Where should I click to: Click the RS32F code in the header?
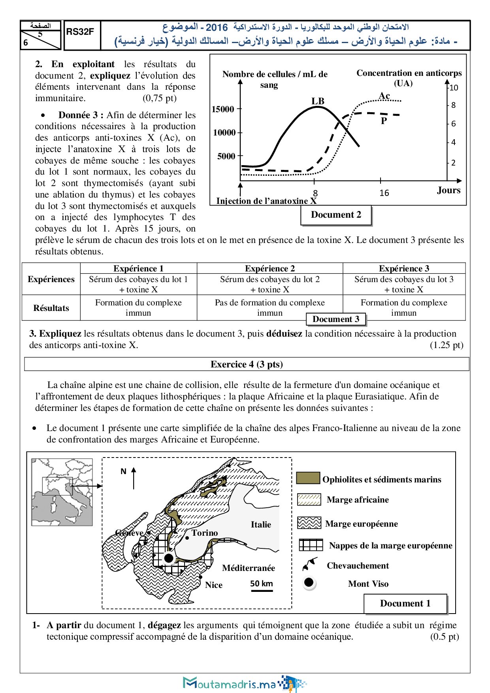80,32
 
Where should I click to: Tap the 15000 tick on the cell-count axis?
223,109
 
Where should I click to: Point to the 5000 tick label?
226,156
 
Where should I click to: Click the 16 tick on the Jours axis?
384,193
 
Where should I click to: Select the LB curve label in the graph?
318,101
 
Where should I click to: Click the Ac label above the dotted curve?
384,96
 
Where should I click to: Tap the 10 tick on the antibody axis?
454,88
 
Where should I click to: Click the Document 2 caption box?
336,215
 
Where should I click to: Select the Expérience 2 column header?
270,268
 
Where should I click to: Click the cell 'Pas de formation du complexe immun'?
270,307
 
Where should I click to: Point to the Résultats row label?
51,308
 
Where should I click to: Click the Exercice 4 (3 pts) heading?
247,364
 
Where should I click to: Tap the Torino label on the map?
205,533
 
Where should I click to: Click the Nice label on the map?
214,585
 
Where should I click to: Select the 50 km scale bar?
262,591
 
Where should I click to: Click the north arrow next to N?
134,478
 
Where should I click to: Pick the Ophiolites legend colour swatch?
308,478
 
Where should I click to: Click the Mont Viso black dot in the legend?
309,582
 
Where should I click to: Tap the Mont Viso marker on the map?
169,558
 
